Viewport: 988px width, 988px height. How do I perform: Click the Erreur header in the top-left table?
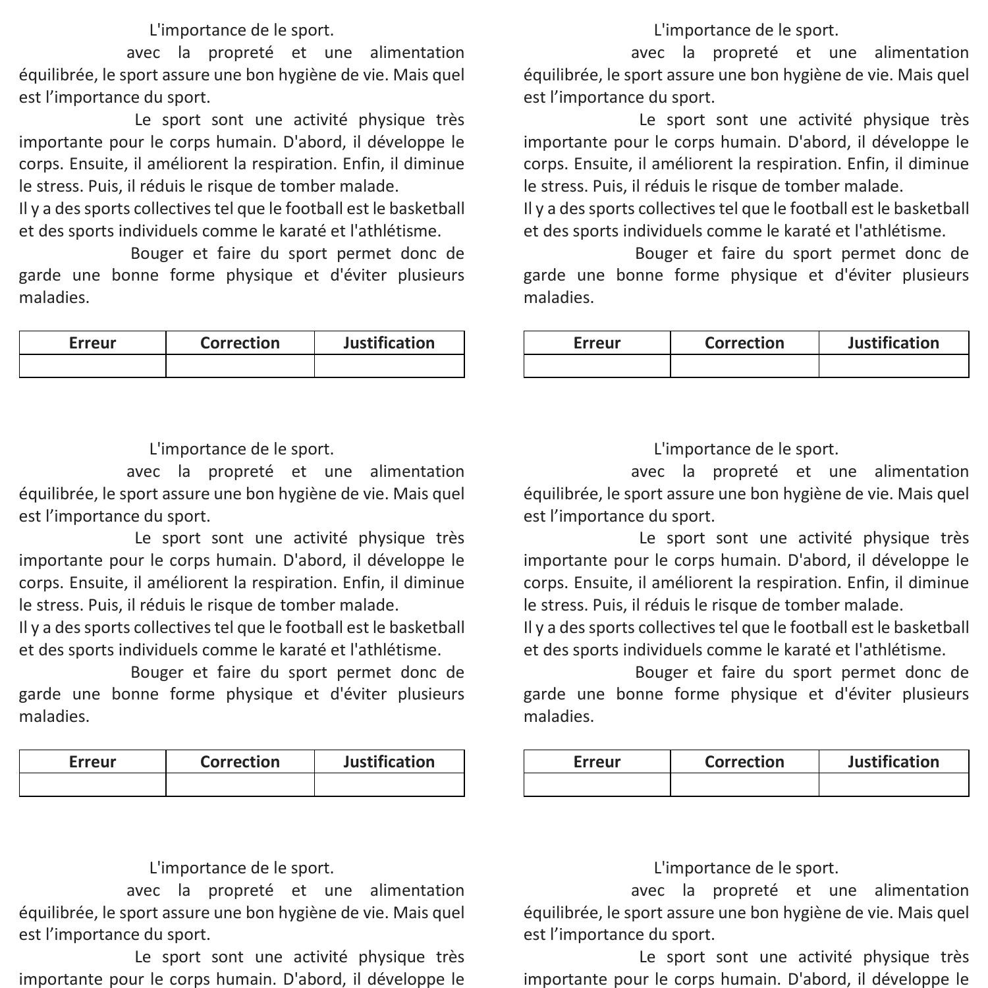pos(92,343)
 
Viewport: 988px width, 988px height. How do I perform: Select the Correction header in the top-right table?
pos(744,343)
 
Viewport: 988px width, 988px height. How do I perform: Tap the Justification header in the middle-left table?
pos(389,761)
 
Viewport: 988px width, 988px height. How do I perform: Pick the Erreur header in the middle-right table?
pos(597,761)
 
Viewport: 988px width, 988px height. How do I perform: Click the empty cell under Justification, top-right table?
pos(893,366)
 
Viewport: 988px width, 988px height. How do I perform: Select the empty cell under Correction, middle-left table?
pos(240,784)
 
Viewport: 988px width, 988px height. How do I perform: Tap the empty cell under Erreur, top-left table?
pos(92,366)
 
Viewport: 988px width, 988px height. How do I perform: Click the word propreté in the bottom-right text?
pos(745,891)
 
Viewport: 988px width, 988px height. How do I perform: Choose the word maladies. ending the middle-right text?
pos(559,717)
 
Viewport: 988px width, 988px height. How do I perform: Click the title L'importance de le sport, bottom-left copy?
pos(241,868)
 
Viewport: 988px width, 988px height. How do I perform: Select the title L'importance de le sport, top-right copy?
pos(746,30)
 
